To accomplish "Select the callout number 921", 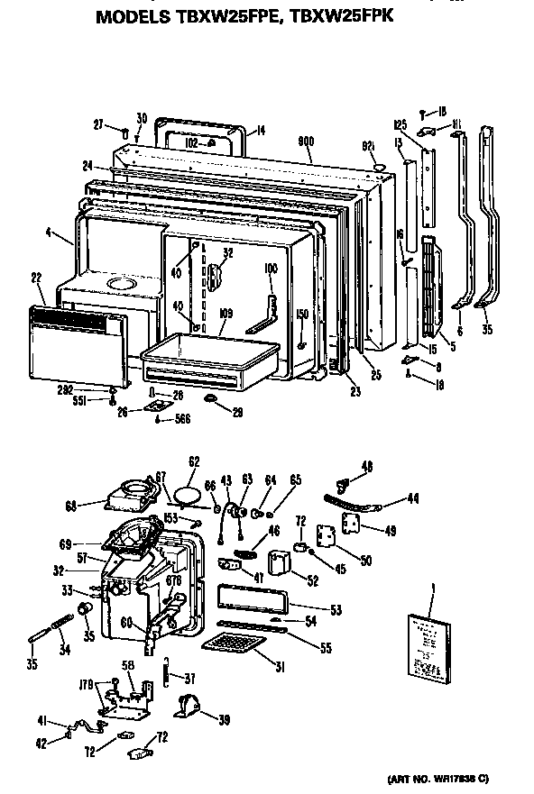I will coord(368,146).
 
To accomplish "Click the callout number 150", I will coord(302,315).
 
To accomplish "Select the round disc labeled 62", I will coord(186,494).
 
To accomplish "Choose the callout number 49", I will coord(390,531).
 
